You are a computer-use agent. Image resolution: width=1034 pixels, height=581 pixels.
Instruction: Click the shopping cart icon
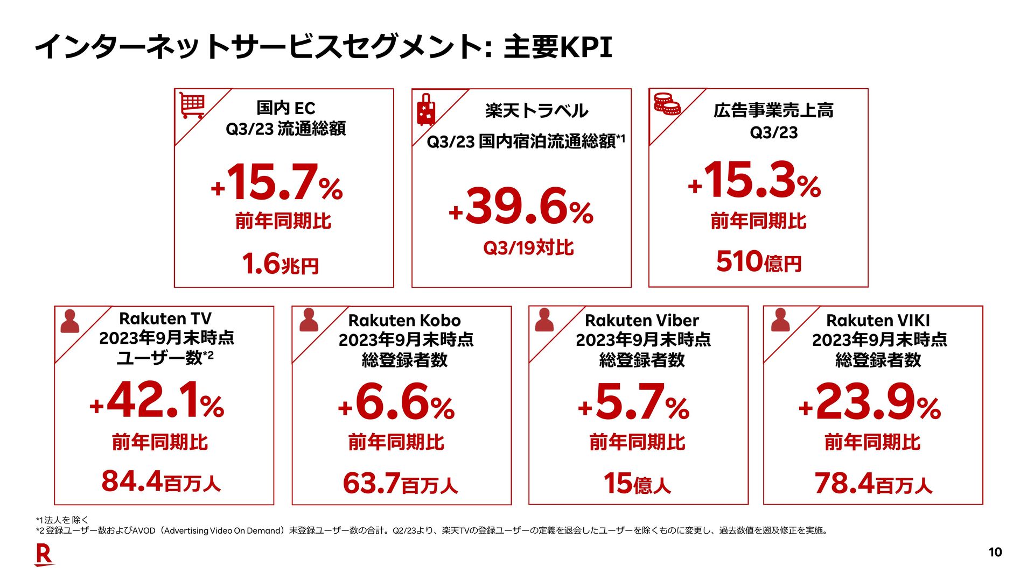point(192,105)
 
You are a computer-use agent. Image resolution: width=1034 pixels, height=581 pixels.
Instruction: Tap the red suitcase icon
point(426,110)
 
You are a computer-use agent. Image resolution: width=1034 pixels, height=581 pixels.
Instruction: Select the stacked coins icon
point(667,103)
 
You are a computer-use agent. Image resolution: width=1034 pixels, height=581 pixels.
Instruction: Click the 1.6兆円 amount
point(280,264)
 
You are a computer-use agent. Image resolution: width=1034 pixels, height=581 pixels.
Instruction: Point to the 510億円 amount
point(759,262)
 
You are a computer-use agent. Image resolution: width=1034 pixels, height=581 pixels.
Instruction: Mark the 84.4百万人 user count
point(161,481)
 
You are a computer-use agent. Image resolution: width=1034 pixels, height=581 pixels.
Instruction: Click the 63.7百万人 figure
point(400,484)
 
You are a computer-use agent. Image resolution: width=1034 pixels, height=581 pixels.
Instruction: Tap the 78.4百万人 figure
point(873,484)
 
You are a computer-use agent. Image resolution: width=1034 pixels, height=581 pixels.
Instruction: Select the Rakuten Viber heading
point(641,321)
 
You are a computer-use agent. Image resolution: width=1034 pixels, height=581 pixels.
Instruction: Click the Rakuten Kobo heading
point(404,321)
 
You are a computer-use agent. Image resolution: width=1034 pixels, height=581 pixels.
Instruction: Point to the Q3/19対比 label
point(528,248)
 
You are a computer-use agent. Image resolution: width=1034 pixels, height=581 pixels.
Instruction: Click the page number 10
point(995,552)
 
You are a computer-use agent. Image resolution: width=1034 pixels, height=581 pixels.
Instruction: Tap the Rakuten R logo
point(44,555)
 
